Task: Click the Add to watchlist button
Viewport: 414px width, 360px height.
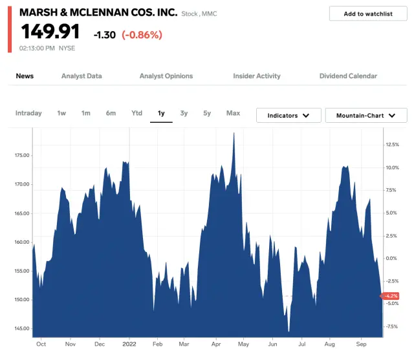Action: click(367, 14)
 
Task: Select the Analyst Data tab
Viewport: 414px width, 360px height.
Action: click(82, 76)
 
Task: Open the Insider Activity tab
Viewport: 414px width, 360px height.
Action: click(257, 76)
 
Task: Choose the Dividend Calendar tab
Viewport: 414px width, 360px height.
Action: click(348, 76)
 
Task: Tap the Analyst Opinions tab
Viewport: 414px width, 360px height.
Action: click(166, 76)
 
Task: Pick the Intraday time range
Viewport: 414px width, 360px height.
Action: click(28, 113)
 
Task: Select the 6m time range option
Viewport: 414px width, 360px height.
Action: click(111, 113)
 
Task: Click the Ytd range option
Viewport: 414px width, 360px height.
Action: click(136, 113)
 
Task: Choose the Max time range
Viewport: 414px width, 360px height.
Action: click(233, 113)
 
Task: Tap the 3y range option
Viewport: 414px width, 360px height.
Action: click(184, 113)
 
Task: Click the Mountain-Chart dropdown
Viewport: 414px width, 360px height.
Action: click(365, 116)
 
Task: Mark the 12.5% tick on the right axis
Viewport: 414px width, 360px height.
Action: click(393, 145)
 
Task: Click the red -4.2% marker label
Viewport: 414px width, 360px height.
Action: click(391, 296)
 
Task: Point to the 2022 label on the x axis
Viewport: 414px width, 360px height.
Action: click(129, 344)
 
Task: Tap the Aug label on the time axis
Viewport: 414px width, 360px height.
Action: click(330, 344)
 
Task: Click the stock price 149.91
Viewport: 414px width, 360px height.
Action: click(50, 32)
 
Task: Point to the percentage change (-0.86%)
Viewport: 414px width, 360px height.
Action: click(142, 35)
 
